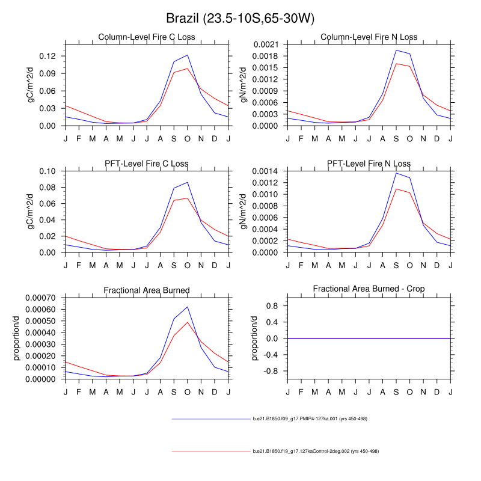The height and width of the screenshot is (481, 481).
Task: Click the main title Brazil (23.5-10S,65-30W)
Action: pos(240,19)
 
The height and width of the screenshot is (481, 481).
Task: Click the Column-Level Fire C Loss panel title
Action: pos(147,37)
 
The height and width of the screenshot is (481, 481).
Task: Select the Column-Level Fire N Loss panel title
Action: pos(369,37)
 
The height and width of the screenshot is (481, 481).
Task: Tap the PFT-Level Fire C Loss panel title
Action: pos(147,164)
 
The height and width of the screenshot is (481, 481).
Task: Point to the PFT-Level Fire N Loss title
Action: pos(369,164)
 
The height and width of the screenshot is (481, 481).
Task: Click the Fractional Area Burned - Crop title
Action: pos(369,289)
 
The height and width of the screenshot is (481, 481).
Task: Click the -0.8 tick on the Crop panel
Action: pos(272,371)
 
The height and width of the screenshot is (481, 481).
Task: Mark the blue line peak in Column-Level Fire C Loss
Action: pos(188,55)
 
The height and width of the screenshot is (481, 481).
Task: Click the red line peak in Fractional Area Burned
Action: pos(188,322)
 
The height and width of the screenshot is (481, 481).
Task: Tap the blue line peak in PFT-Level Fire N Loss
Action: pos(396,173)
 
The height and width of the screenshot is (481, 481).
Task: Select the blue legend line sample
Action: pos(210,418)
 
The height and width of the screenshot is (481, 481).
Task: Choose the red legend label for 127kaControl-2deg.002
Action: pos(316,451)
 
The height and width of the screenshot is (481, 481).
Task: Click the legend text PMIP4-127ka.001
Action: pos(309,418)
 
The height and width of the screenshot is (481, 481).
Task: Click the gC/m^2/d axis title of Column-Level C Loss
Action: pos(30,84)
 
